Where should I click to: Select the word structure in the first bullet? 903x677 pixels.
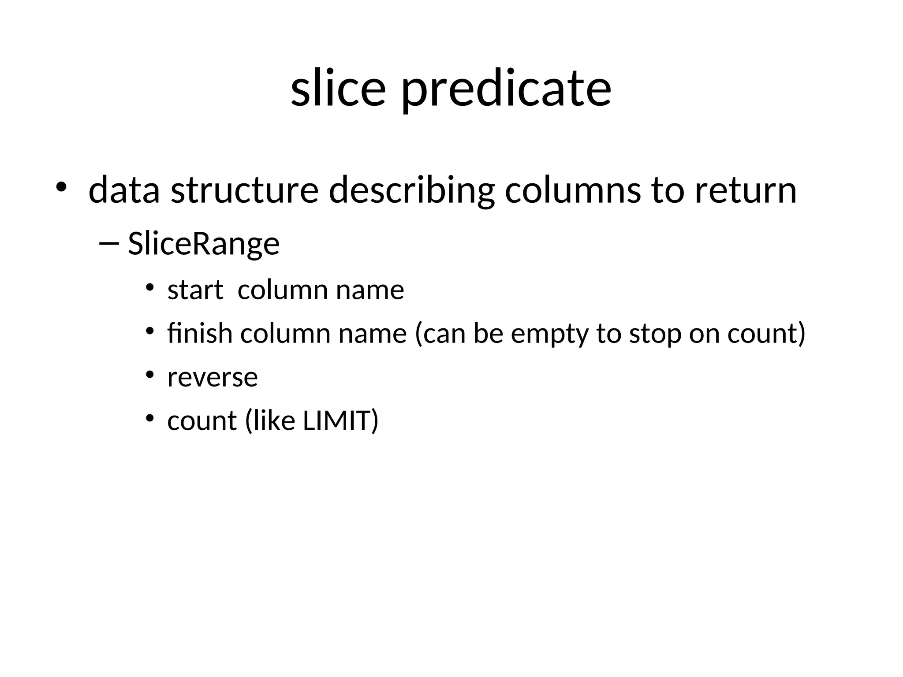pos(244,190)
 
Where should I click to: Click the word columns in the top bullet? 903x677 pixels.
pos(572,190)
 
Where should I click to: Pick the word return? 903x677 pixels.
pos(746,190)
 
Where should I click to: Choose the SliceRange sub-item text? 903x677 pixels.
pos(204,244)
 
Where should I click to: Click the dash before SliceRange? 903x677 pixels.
pos(109,243)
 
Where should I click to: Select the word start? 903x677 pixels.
pos(195,290)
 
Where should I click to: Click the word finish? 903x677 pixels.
pos(200,333)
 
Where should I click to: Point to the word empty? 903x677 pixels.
pos(549,334)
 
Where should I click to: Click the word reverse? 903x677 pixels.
pos(213,378)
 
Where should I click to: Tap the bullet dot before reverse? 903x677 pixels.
pos(150,375)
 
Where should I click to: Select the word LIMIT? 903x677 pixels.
pos(336,420)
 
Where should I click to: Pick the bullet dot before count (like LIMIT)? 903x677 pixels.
pos(150,418)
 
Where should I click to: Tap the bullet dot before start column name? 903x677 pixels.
pos(150,287)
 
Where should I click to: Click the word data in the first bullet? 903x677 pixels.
pos(124,190)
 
